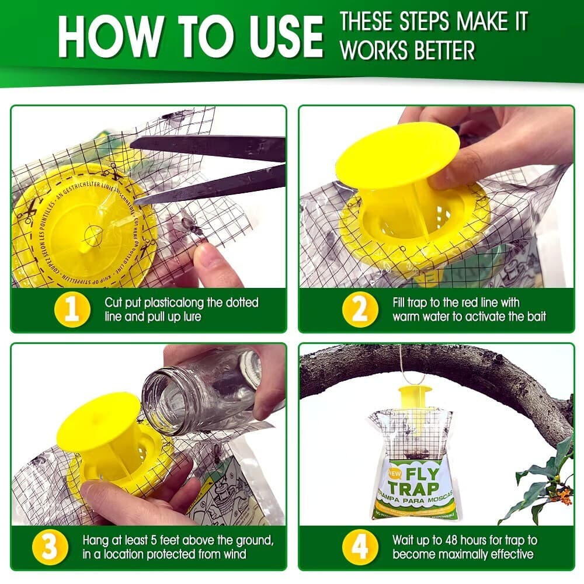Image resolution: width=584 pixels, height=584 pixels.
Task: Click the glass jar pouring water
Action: [199, 391]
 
